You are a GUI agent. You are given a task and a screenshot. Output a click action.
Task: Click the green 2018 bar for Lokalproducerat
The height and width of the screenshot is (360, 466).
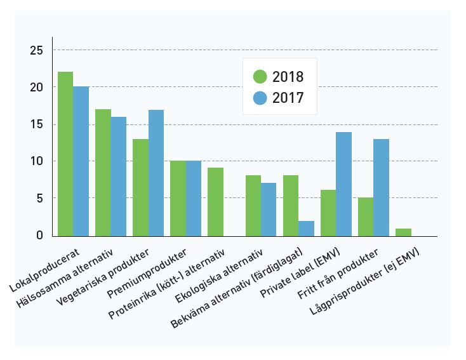[x=65, y=154]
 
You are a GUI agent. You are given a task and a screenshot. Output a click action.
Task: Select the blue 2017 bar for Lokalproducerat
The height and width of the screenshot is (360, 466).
[x=81, y=161]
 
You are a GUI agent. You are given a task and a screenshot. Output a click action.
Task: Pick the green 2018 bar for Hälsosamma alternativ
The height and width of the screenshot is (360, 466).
[x=103, y=172]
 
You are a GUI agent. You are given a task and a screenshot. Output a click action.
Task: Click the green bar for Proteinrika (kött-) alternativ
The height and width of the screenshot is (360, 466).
[x=215, y=202]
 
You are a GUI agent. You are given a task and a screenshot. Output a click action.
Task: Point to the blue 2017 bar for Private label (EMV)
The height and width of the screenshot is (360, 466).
[x=343, y=183]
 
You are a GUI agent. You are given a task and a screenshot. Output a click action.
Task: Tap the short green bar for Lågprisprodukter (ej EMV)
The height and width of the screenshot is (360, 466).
[x=403, y=232]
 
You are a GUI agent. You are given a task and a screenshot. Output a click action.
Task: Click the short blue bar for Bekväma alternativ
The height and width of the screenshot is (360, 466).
[x=306, y=229]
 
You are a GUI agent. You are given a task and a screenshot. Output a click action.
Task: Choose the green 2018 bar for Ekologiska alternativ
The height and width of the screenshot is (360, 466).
[x=253, y=206]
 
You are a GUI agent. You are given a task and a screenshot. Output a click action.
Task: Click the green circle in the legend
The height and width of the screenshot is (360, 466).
[x=260, y=77]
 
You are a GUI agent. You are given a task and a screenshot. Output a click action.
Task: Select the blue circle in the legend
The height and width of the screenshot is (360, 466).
[x=260, y=98]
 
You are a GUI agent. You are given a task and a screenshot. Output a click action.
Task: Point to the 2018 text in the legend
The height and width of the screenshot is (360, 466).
[x=288, y=77]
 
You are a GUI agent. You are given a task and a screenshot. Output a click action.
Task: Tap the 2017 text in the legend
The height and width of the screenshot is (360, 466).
[x=288, y=98]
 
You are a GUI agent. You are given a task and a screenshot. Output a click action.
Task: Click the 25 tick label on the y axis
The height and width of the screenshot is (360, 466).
[x=36, y=50]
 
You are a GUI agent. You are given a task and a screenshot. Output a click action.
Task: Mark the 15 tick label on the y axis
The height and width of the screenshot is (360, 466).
[x=36, y=124]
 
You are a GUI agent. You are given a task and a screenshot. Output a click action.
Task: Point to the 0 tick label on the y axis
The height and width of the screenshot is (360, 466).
[x=39, y=236]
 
